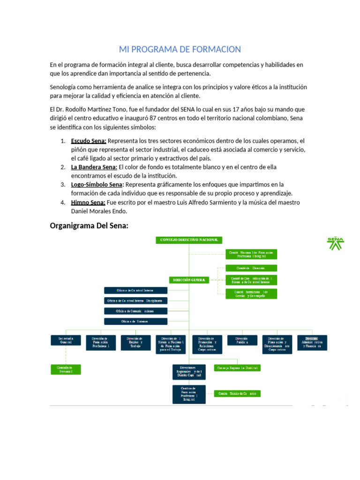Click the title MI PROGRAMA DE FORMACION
coord(180,49)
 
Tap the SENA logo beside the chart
coord(335,243)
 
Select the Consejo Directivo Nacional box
coord(189,240)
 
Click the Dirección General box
coord(189,280)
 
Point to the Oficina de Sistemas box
coord(135,322)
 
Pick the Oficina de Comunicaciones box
coord(135,311)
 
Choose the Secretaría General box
coord(65,342)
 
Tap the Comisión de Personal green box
coord(65,369)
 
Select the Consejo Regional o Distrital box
coord(238,368)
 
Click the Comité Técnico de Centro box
coord(238,394)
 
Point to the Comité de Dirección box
coord(251,268)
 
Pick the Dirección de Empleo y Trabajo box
coord(135,342)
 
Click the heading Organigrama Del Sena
coord(89,226)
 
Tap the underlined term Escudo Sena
coord(89,141)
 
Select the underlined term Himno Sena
coord(88,202)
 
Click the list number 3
coord(62,185)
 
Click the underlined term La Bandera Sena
coord(94,167)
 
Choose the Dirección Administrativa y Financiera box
coord(312,342)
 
